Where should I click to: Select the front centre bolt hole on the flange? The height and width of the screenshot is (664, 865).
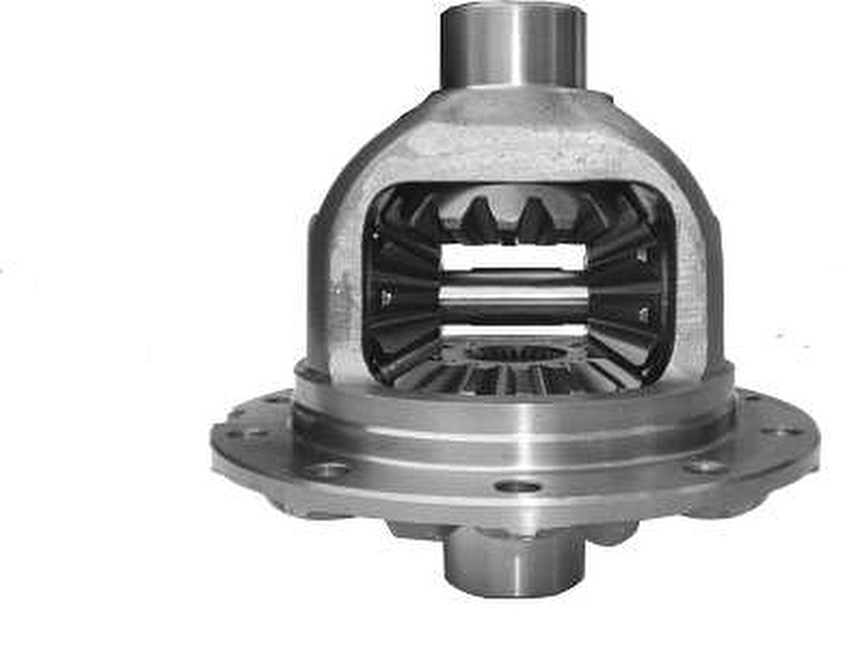tap(518, 486)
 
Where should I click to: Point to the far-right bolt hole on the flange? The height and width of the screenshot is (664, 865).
tap(779, 430)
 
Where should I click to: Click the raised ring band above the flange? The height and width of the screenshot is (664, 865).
tap(513, 408)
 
